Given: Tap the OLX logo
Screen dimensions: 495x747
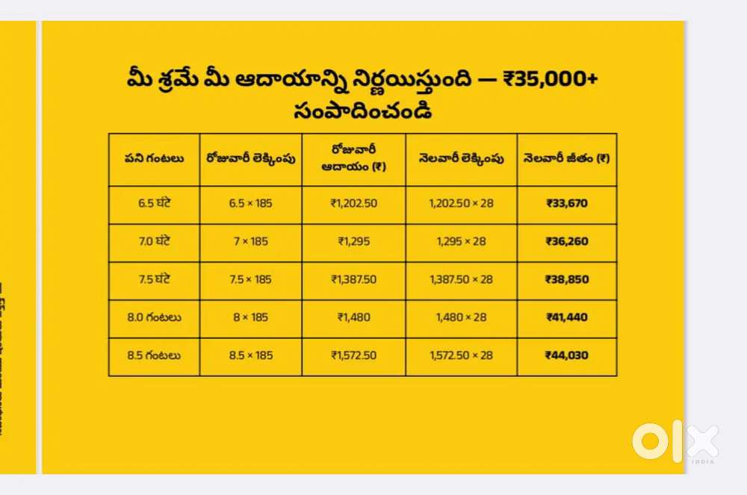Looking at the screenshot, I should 675,441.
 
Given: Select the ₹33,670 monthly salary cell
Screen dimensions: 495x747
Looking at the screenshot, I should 566,204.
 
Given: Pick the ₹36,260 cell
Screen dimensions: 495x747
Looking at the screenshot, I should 566,241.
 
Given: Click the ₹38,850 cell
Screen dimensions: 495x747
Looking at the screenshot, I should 566,279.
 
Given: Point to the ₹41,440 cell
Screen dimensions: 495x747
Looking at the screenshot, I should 566,317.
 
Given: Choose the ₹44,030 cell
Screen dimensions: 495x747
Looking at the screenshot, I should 566,355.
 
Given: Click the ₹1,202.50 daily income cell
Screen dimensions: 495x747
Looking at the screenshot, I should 354,204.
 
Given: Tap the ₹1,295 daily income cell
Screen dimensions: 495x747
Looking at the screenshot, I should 354,241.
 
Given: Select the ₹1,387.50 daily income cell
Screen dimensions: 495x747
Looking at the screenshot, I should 354,279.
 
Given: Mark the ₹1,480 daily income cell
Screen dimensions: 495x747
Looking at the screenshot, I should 354,317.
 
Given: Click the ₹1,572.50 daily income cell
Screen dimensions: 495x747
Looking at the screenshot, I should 354,355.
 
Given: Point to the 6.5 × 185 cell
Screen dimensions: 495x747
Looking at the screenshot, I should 250,204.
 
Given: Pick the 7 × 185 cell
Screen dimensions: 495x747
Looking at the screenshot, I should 250,241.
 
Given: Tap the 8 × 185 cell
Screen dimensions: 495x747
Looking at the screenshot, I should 250,317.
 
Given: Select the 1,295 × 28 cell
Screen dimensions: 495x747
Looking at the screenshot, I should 461,241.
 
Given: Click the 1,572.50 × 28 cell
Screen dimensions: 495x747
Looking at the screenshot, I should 461,355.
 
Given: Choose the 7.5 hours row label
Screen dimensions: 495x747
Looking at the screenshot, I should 153,279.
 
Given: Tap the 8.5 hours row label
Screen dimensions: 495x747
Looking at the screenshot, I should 153,355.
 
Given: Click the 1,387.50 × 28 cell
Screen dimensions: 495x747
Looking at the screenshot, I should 461,279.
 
